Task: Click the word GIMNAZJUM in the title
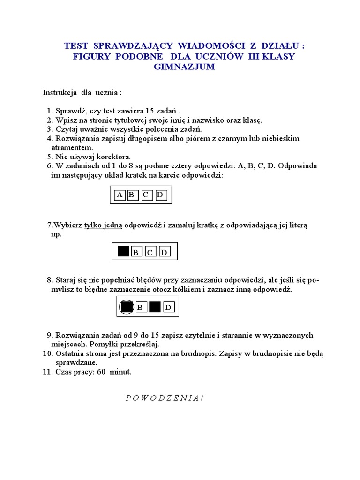tap(184, 67)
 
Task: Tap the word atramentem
tap(75, 147)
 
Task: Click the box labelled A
tap(120, 195)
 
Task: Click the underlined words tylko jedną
tap(103, 225)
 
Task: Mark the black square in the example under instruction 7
tap(123, 251)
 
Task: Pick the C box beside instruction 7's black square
tap(150, 252)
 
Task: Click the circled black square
tap(126, 307)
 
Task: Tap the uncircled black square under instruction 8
tap(155, 307)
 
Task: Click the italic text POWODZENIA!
tap(164, 398)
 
